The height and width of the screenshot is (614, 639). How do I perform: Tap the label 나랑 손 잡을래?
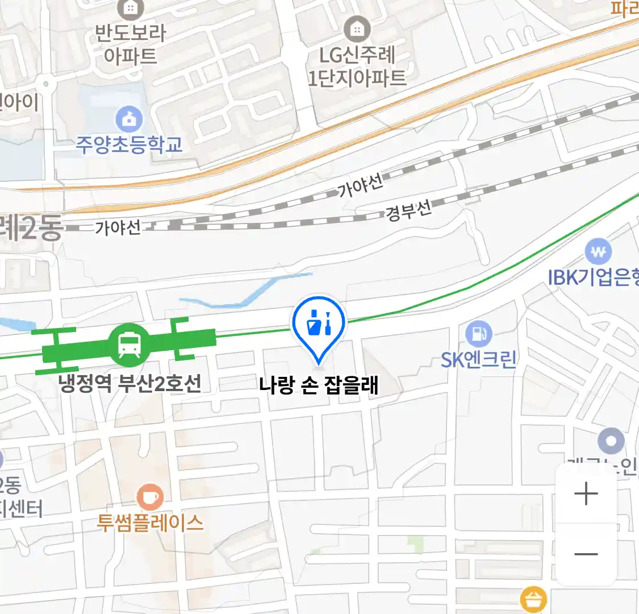(319, 386)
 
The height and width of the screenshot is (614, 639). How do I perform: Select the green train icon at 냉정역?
(130, 344)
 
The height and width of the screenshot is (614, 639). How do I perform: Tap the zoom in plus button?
(586, 493)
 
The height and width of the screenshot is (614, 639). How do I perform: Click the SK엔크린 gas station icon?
(478, 334)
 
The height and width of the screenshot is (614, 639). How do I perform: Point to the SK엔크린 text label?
(478, 359)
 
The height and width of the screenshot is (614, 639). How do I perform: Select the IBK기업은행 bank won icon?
(598, 251)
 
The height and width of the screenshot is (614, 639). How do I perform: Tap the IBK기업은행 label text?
(594, 277)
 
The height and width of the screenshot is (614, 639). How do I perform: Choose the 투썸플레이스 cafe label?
(150, 522)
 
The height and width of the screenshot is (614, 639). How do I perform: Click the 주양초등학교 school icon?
(130, 119)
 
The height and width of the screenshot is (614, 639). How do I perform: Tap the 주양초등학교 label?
(130, 145)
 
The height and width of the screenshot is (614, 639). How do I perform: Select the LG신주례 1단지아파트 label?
(357, 67)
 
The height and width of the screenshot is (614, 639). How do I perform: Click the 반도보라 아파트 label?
(130, 44)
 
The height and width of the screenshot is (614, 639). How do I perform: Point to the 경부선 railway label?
(409, 211)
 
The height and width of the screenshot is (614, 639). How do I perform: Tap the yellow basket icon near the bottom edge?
(533, 599)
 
